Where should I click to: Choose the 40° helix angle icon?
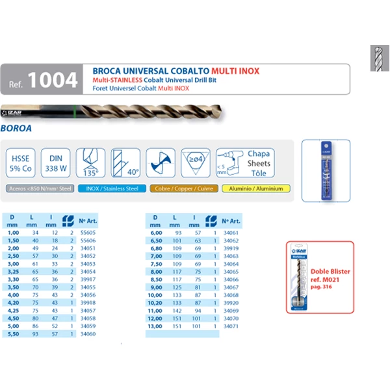125,162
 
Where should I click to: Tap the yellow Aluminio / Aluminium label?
255,189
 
